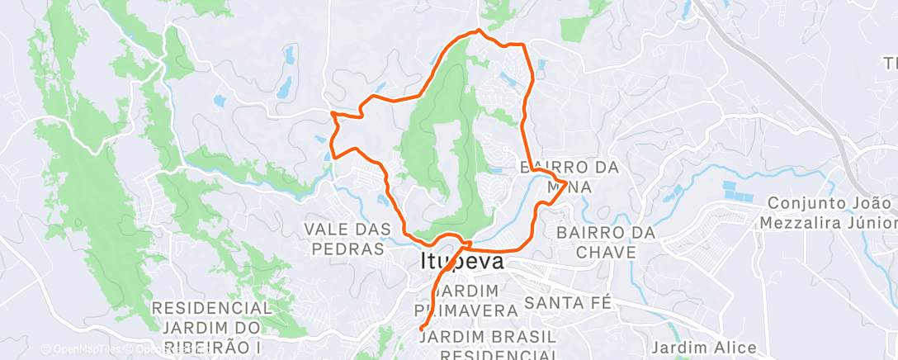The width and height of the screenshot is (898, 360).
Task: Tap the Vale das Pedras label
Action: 344,238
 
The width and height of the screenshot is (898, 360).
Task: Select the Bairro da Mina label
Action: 569,177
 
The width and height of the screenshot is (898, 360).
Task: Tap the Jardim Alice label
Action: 703,347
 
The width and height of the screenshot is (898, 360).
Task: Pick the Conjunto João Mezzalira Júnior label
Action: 831,212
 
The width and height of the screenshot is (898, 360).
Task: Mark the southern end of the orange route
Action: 422,329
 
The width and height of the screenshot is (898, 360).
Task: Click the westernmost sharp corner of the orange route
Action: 331,112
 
